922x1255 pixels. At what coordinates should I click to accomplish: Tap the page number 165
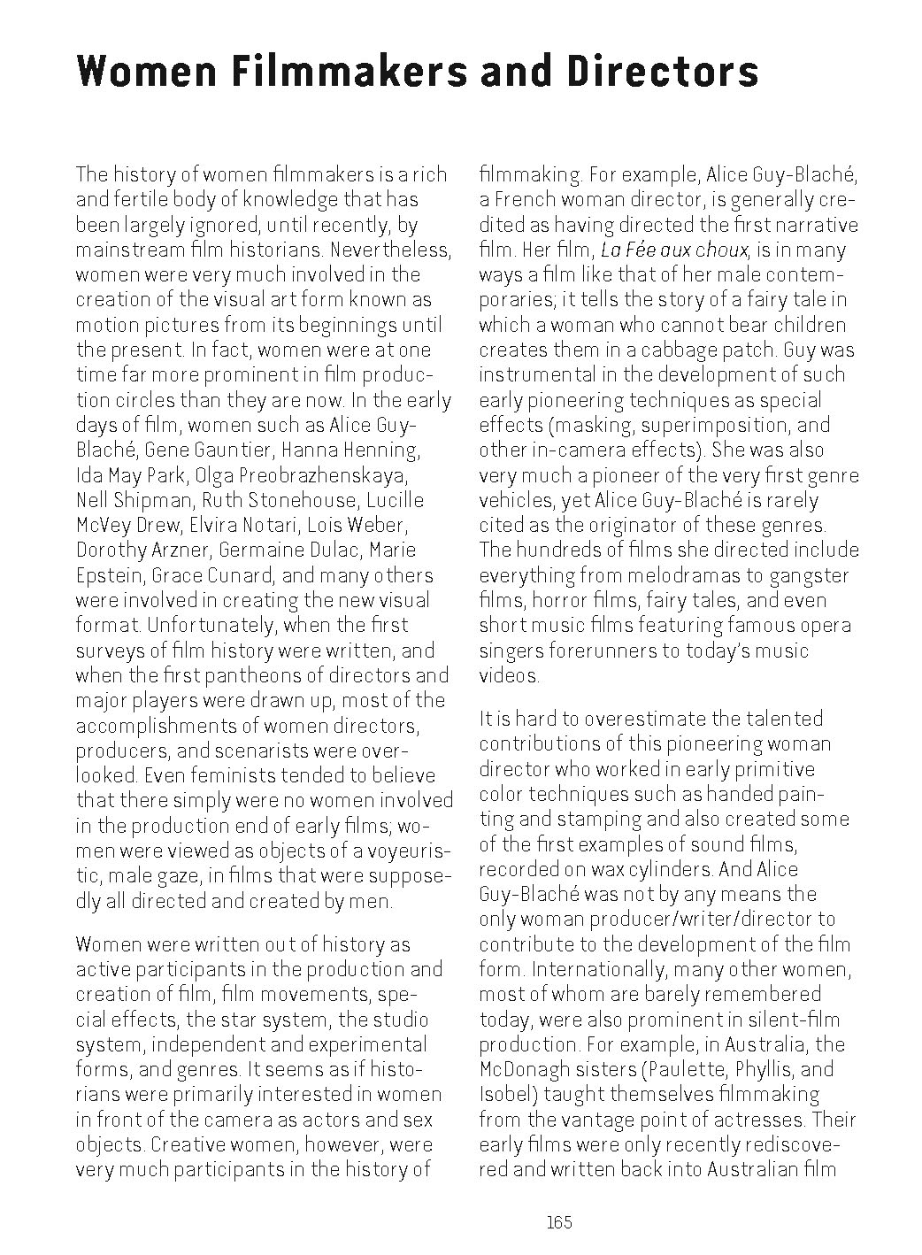pos(559,1223)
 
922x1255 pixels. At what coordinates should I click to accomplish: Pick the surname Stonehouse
pos(289,499)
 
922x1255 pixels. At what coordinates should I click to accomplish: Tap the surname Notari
pos(296,525)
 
